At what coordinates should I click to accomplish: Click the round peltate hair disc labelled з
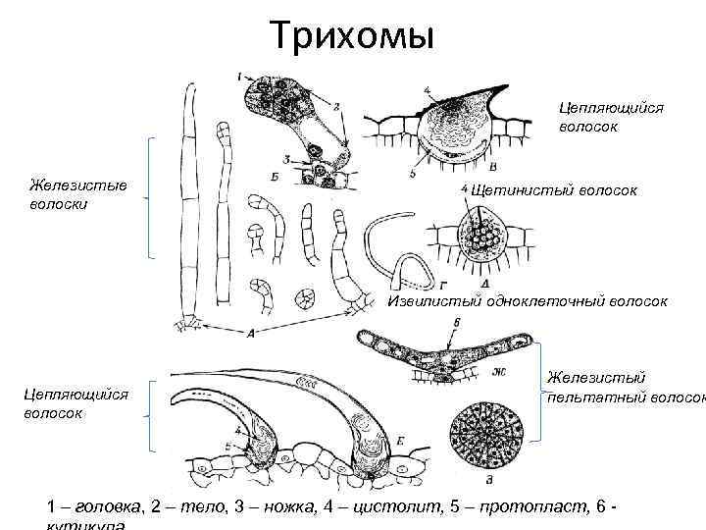pos(486,431)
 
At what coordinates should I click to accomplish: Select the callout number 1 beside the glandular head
pos(240,75)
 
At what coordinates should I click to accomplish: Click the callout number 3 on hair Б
pos(285,158)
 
